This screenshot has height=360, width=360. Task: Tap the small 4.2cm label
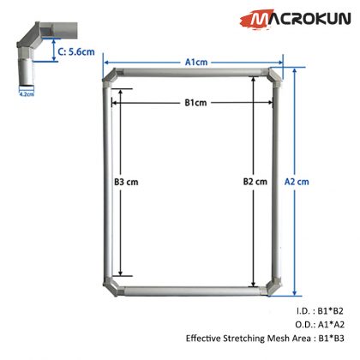[x=25, y=95]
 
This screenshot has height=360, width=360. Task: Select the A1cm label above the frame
[x=195, y=62]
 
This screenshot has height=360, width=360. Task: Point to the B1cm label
[x=195, y=103]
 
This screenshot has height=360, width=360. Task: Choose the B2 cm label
[x=255, y=183]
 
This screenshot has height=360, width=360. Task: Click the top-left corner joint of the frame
[x=111, y=77]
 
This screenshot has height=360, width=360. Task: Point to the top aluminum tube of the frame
[x=195, y=75]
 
